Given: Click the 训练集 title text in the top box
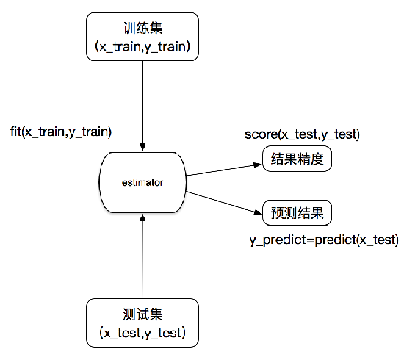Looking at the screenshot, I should click(x=141, y=29).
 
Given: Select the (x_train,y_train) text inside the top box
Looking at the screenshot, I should click(x=141, y=46).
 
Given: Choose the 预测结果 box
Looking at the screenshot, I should click(x=297, y=215).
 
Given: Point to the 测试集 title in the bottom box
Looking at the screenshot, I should click(x=141, y=314).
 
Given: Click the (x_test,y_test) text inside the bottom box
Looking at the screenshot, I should click(x=141, y=333).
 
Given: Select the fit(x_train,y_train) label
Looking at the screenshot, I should click(x=61, y=132).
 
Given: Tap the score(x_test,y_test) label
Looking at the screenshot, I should click(x=302, y=135).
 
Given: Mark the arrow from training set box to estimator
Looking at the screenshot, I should click(x=141, y=103).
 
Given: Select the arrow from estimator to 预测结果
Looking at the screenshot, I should click(x=224, y=202).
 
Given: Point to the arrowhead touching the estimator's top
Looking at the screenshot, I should click(x=141, y=145).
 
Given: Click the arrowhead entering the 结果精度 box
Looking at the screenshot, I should click(x=258, y=163).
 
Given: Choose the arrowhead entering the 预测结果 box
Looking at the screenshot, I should click(x=258, y=213).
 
